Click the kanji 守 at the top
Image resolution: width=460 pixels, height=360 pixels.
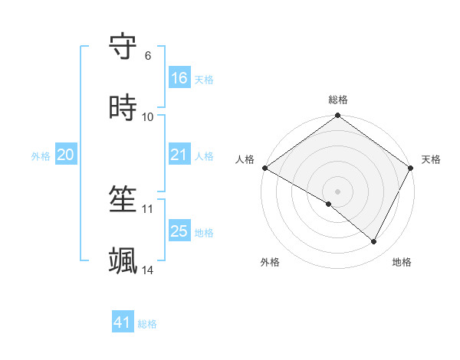[x=123, y=47]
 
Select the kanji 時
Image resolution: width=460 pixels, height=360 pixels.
[x=123, y=108]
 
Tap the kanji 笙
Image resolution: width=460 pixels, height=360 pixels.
[x=123, y=200]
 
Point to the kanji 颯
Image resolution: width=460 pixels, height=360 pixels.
[x=123, y=261]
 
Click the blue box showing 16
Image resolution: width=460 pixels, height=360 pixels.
[x=179, y=78]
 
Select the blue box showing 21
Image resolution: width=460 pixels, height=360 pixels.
[x=179, y=155]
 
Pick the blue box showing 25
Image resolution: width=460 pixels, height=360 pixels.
[x=179, y=231]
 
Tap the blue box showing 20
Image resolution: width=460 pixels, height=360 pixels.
[x=65, y=155]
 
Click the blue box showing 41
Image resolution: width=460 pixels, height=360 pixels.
[x=123, y=322]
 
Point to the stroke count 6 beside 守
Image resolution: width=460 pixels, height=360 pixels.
[x=148, y=56]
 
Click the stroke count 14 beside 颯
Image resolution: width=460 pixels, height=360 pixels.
[x=148, y=270]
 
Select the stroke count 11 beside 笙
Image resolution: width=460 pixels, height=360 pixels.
[x=148, y=208]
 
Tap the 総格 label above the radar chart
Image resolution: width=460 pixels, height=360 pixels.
[x=338, y=100]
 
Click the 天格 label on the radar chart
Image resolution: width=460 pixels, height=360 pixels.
[x=431, y=159]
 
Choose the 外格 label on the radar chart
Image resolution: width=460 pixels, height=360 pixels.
[x=270, y=262]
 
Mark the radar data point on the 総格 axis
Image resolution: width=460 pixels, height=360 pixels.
[x=338, y=116]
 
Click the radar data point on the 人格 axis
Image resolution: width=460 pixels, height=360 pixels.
[x=264, y=168]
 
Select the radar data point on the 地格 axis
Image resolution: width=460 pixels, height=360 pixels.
[x=374, y=242]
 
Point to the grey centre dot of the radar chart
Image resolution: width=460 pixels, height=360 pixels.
[x=338, y=191]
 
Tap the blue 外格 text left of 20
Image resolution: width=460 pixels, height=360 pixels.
[x=41, y=155]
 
